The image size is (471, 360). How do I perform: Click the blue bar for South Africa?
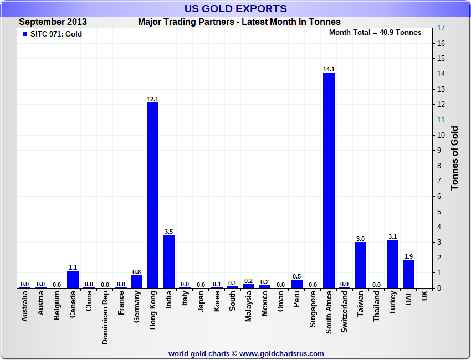coord(329,180)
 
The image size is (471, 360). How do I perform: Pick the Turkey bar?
coord(392,264)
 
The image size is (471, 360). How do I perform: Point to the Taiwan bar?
coord(360,265)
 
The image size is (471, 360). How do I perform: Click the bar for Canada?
coord(73,279)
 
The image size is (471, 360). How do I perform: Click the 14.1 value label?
coord(329,69)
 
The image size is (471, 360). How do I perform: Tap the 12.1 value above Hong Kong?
coord(152,99)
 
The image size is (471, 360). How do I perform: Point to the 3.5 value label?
coord(168,232)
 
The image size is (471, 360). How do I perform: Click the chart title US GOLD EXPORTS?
coord(235,8)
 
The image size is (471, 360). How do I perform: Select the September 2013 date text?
coord(53,22)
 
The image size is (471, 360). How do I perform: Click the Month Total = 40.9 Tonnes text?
coord(375,32)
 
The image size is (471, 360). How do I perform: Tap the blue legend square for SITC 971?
coord(24,34)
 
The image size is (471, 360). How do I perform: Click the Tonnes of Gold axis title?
coord(455,158)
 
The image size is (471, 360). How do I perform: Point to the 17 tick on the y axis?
coord(441,28)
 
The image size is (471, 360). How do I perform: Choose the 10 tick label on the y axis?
coord(441,135)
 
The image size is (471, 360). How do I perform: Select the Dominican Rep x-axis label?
coord(105,317)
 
